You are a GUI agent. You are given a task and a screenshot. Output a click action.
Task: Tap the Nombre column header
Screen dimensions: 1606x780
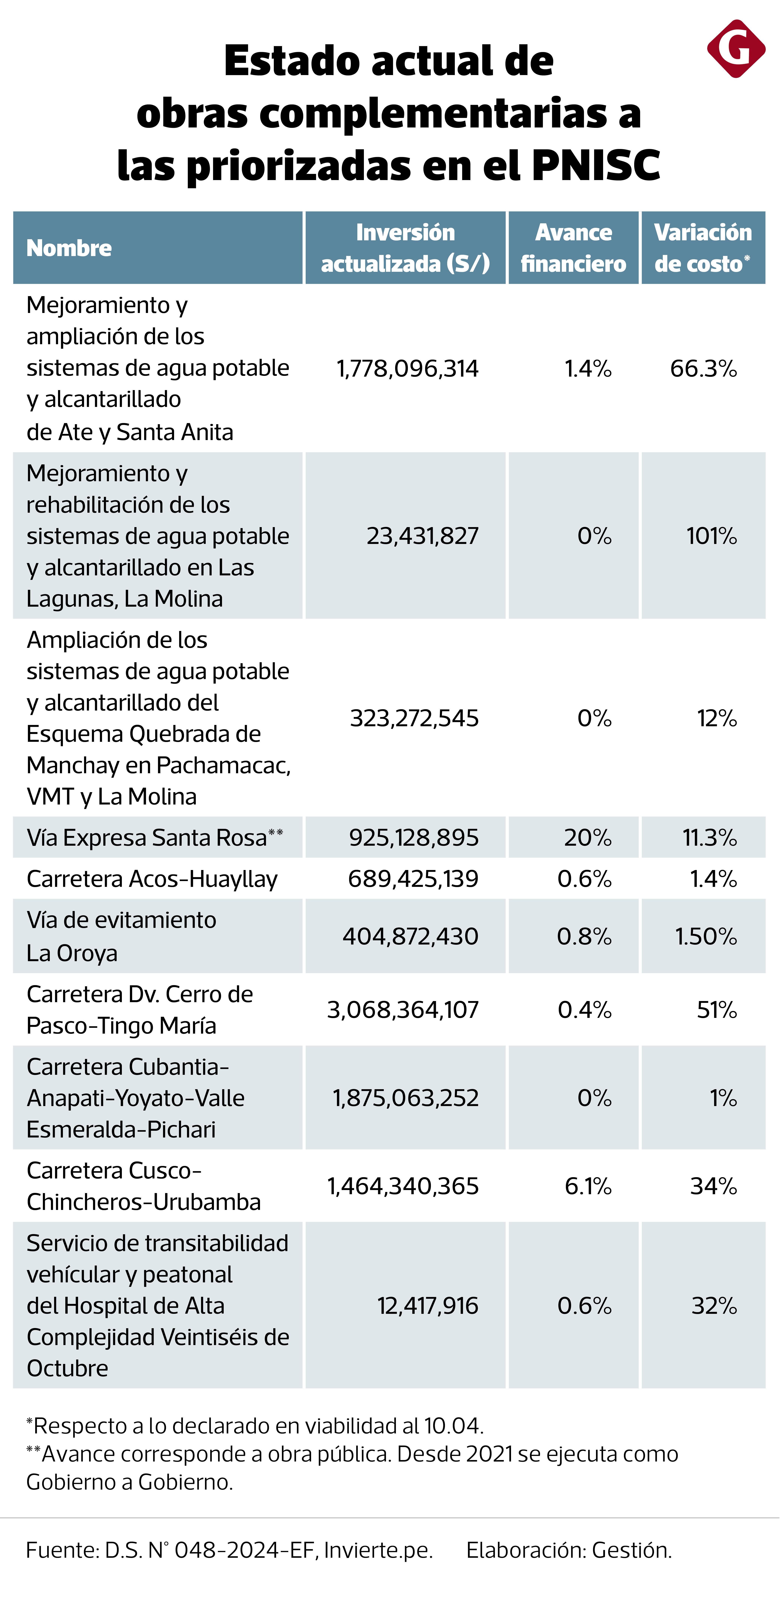pos(69,248)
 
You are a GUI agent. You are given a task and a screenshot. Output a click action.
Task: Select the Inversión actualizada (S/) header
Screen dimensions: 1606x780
pos(405,248)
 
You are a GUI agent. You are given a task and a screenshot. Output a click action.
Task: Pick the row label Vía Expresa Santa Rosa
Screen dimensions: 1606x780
pos(147,837)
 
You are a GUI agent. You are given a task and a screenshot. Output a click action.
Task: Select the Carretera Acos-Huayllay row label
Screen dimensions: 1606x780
pos(152,878)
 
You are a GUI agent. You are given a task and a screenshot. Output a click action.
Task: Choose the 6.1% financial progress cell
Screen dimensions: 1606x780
pos(588,1186)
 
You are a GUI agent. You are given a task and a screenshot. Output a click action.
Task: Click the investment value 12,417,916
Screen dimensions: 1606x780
pos(428,1306)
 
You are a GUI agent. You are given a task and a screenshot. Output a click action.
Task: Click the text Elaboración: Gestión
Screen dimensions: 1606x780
pos(569,1550)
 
